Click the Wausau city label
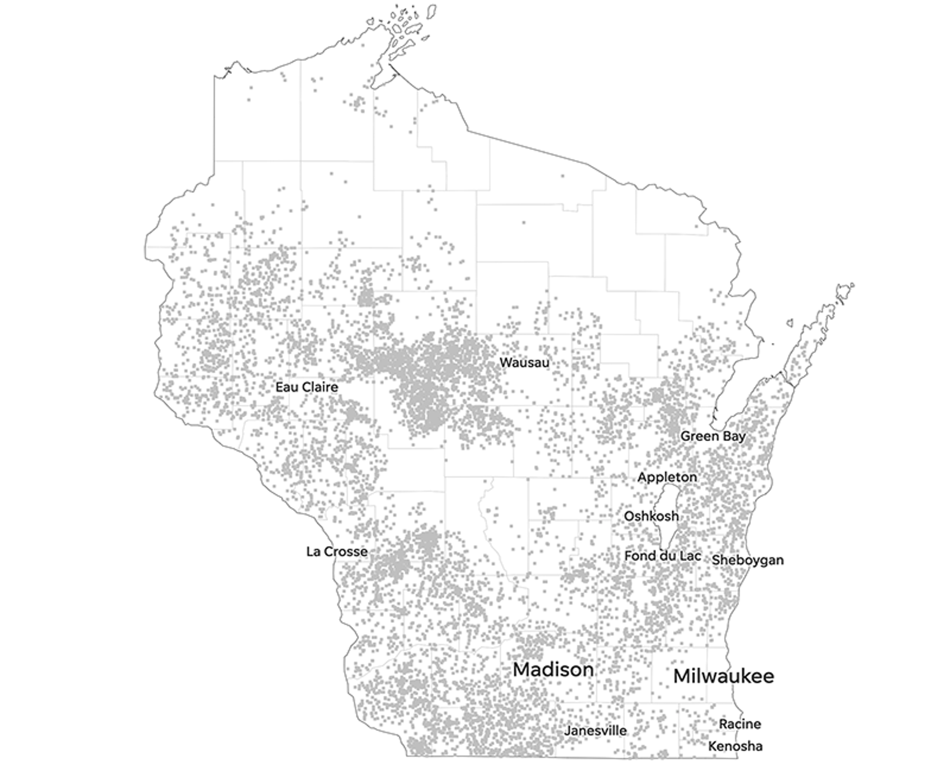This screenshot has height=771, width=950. coord(524,363)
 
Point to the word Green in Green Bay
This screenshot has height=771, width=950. coord(699,436)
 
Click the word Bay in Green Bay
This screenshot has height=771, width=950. coord(734,437)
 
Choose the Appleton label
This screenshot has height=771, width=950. coord(667,477)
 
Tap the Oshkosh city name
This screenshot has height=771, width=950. coord(651,516)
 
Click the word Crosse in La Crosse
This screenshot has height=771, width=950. coord(346,551)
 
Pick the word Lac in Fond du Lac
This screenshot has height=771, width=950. coord(689,556)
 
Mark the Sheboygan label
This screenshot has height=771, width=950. coord(747,560)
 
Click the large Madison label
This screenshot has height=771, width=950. coord(553,670)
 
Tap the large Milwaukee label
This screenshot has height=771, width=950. coord(724,676)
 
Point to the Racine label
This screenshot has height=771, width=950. coord(740,724)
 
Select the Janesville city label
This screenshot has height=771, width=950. coord(595,731)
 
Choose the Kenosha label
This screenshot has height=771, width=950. coord(735,746)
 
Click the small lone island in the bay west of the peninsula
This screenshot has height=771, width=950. coord(790,323)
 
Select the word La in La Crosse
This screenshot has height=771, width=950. coord(313,551)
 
